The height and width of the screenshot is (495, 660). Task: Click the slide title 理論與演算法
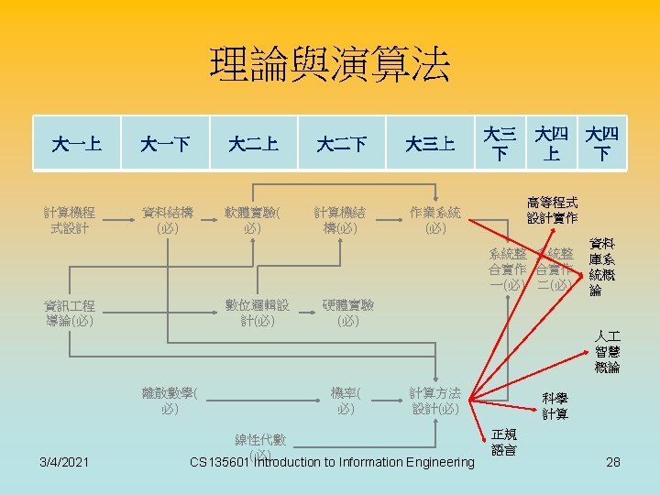click(x=330, y=66)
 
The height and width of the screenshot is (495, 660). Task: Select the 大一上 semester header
click(x=77, y=144)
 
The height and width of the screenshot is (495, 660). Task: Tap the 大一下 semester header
click(x=165, y=144)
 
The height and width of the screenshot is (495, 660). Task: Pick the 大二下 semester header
click(x=341, y=144)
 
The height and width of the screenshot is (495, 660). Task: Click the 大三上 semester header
click(x=430, y=144)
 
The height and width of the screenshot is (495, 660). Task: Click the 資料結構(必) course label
click(x=167, y=220)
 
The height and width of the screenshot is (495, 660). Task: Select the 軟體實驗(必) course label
click(x=254, y=220)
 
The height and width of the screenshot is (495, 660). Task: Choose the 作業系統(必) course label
click(x=435, y=220)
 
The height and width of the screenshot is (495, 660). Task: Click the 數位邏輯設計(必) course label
click(x=258, y=313)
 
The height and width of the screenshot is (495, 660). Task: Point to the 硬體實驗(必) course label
click(x=347, y=313)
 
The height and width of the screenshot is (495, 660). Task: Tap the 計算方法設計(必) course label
click(x=435, y=401)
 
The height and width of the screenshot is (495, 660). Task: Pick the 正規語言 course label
click(x=504, y=442)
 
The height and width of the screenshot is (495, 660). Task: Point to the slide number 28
click(x=613, y=462)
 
